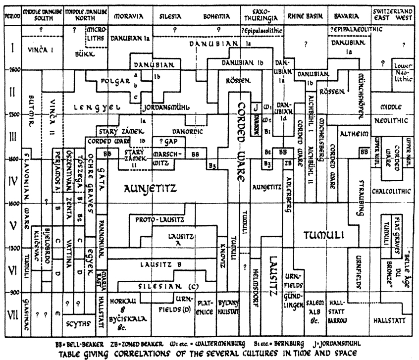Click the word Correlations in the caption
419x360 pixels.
click(173, 354)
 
